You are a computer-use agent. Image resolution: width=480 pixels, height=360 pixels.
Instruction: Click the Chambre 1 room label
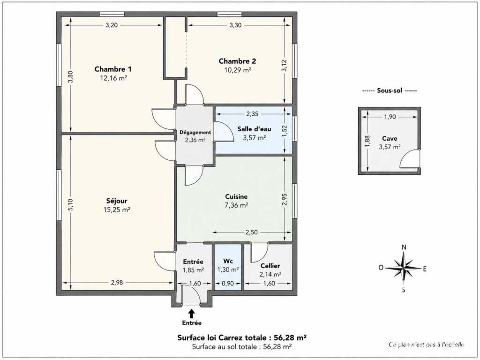(113, 69)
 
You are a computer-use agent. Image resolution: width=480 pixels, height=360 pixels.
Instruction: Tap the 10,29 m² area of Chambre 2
(238, 70)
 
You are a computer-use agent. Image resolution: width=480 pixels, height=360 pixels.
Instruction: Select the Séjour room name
(117, 201)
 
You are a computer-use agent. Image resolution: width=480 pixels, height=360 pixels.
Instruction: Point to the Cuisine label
(236, 196)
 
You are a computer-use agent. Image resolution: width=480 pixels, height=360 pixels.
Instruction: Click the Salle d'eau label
(255, 129)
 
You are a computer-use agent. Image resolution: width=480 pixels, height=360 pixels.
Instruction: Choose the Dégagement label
(195, 133)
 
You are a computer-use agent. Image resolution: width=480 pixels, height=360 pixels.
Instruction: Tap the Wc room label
(228, 261)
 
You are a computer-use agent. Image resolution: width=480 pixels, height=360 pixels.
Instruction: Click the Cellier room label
(270, 266)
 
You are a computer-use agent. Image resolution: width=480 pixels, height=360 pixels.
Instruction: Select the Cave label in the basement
(390, 139)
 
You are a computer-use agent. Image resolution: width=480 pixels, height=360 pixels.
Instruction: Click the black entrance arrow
(192, 313)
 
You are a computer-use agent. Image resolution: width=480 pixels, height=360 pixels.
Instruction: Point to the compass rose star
(404, 269)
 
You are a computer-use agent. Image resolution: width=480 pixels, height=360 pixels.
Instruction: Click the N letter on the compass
(404, 247)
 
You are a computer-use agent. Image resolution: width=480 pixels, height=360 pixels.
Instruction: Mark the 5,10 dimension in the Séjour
(71, 204)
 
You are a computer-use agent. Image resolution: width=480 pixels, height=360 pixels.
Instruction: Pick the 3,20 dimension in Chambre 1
(112, 25)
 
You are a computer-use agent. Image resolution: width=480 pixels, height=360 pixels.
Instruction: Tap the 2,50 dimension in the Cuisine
(251, 232)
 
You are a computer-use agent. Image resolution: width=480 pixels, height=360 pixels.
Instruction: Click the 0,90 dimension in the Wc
(227, 284)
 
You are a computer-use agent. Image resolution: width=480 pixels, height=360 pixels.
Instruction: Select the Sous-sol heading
(390, 91)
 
